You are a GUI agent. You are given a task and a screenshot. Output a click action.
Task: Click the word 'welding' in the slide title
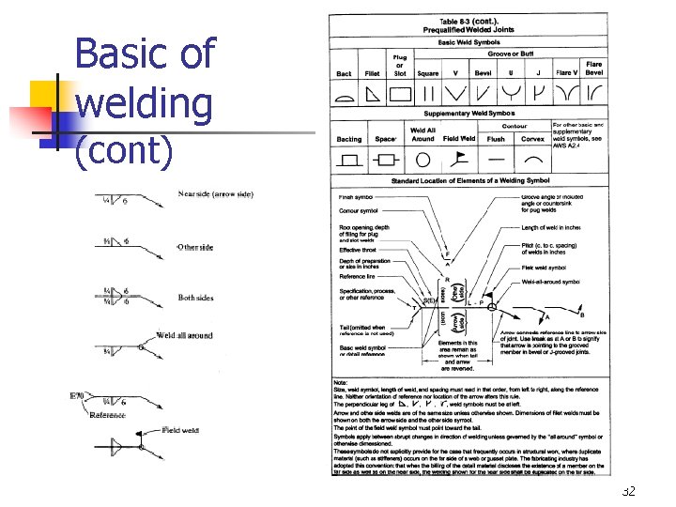coord(144,101)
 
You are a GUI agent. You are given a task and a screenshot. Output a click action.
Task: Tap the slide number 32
coord(629,492)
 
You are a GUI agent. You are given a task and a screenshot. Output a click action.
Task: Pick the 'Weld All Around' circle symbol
coord(423,161)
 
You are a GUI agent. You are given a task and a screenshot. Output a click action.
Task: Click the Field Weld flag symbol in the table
coord(460,160)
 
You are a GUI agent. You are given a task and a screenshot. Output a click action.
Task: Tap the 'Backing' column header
coord(348,140)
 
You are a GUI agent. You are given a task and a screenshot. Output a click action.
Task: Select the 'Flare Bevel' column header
coord(593,69)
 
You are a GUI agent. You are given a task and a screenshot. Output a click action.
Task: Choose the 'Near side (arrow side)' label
coord(216,194)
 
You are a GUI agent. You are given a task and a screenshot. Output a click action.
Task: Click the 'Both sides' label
coord(195,299)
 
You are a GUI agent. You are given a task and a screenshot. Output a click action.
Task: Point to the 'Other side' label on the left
coord(195,248)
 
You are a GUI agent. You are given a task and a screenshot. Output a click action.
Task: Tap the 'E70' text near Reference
coord(78,396)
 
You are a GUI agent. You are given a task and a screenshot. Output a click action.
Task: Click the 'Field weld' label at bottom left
coord(181,430)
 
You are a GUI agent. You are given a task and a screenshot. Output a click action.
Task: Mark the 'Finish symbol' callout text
coord(357,198)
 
